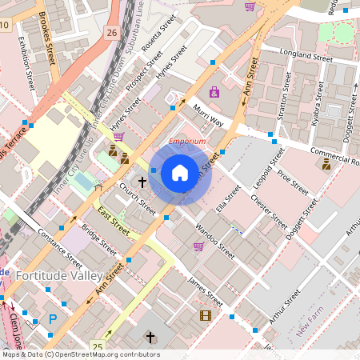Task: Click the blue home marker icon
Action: (x=180, y=173)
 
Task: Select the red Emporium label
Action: (x=186, y=142)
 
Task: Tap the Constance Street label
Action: (x=60, y=249)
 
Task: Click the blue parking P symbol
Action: (x=53, y=318)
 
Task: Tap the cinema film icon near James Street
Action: (x=206, y=315)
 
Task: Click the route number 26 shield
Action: (x=110, y=33)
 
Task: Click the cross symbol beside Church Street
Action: (x=142, y=182)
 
